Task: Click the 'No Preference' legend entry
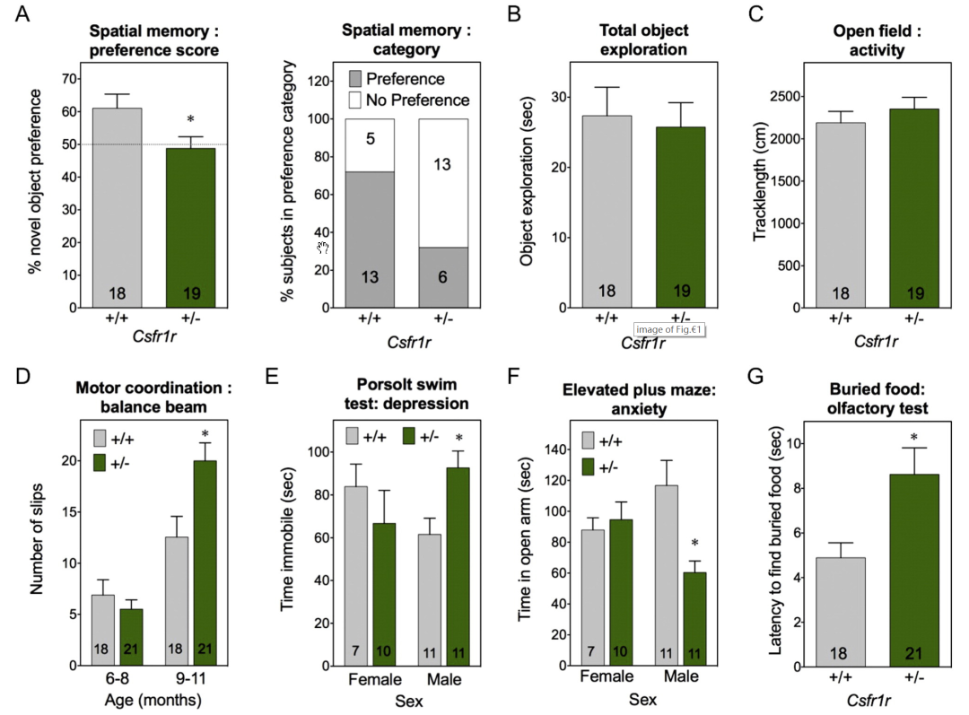(411, 100)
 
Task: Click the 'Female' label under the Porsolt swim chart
(376, 680)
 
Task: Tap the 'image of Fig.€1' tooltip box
(668, 330)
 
